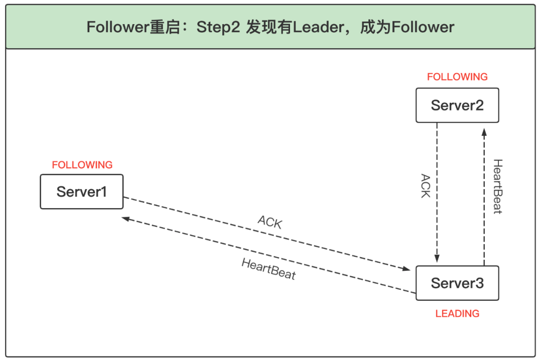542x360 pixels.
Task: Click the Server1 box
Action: (81, 192)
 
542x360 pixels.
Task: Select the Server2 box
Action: (457, 105)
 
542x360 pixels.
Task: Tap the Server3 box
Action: (457, 283)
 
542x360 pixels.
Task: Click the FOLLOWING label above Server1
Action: (82, 165)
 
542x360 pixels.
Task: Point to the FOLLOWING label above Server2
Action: (457, 77)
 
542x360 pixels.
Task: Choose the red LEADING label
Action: (457, 314)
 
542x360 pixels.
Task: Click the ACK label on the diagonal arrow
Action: (270, 222)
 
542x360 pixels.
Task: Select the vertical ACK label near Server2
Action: (426, 186)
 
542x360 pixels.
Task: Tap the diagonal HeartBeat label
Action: (268, 269)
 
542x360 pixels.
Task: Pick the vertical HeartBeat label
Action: (497, 187)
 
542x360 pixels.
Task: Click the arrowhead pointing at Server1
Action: (125, 219)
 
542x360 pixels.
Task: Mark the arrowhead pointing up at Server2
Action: (484, 132)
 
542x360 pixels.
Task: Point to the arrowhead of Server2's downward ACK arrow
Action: (437, 259)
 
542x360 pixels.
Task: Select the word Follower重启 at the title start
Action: (131, 27)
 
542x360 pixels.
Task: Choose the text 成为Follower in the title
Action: (407, 27)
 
